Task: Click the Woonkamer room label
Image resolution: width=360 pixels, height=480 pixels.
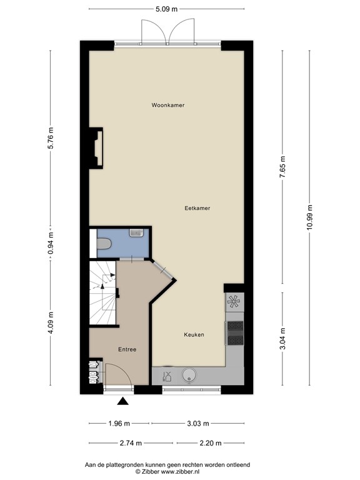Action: click(167, 106)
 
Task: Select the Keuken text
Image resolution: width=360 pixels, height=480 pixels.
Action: click(194, 335)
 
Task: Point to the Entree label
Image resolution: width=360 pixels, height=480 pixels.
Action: click(126, 349)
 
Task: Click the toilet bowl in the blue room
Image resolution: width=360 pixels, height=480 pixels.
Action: click(104, 242)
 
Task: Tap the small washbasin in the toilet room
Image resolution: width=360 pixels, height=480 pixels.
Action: click(136, 233)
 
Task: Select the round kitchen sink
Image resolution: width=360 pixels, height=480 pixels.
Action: click(188, 375)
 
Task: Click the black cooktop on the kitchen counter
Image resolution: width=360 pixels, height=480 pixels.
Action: click(235, 332)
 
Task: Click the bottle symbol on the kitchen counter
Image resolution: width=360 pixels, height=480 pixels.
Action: click(166, 376)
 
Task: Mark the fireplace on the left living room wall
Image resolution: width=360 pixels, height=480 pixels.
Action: click(96, 147)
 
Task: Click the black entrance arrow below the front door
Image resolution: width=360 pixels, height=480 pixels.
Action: click(124, 402)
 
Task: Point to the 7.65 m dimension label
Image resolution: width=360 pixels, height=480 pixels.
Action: click(282, 167)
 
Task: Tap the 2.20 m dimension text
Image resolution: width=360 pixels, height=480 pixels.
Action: click(206, 443)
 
